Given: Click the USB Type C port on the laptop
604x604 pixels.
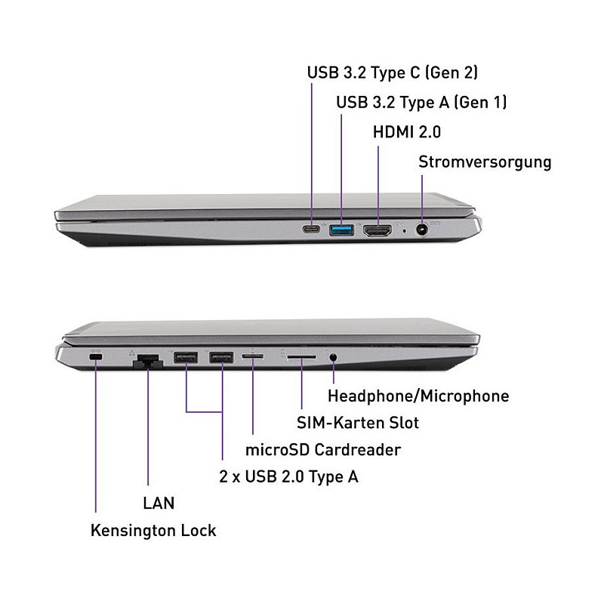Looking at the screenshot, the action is [311, 230].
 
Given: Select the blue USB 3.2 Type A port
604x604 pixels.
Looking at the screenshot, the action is [341, 230].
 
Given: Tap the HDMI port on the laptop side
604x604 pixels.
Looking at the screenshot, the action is [377, 230].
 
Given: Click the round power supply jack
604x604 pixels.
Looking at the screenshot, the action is [422, 230].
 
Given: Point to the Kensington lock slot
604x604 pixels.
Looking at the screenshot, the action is [96, 357].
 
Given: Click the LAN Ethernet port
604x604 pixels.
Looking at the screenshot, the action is [148, 361].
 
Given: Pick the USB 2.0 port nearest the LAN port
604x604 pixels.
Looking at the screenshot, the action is [186, 357].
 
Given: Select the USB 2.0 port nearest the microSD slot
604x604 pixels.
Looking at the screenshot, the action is [221, 357].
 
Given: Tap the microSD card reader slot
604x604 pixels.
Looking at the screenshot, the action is [253, 356].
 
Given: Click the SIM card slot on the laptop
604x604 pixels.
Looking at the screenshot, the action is [301, 357].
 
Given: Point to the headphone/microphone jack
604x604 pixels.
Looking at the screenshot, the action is [333, 357].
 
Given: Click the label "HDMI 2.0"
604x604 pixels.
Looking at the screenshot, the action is [407, 132].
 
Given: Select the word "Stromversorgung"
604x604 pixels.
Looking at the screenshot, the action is [485, 162].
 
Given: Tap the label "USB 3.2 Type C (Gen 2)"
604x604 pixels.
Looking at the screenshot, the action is [393, 72].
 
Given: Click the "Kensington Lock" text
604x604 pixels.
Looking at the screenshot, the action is [153, 531].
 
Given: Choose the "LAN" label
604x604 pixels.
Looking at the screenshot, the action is [159, 503].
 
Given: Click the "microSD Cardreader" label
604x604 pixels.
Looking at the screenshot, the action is [323, 449].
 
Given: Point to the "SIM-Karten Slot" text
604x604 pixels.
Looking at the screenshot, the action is [358, 423].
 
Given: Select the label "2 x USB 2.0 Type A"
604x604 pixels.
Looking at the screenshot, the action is [289, 477].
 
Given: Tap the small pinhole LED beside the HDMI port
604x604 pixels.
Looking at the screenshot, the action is [404, 231].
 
